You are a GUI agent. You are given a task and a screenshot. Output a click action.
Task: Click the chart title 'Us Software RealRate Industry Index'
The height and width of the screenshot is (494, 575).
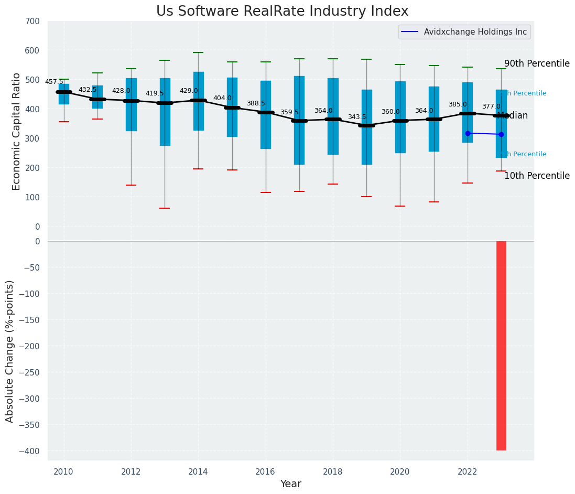[282, 12]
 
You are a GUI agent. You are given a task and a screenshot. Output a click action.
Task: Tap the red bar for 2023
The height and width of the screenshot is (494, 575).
[501, 346]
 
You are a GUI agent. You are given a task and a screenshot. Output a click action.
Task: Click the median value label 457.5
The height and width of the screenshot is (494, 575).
[54, 82]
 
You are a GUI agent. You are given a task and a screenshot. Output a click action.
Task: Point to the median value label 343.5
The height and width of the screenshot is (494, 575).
[357, 117]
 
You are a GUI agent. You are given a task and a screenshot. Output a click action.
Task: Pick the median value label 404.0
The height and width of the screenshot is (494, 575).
[222, 98]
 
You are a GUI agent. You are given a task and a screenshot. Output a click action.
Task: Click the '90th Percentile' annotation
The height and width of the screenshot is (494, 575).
[537, 64]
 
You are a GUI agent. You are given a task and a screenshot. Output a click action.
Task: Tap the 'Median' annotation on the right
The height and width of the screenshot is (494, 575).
[512, 116]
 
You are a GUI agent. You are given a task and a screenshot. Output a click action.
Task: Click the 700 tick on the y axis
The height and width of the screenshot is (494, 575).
[32, 22]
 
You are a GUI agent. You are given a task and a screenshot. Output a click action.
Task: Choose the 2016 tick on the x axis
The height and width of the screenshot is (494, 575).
[265, 471]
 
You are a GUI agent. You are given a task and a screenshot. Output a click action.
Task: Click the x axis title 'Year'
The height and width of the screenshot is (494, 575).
[290, 484]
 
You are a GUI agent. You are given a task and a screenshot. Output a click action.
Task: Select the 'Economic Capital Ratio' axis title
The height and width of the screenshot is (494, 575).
[17, 131]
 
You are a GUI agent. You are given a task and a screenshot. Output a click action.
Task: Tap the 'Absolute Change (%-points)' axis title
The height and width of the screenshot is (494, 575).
[10, 351]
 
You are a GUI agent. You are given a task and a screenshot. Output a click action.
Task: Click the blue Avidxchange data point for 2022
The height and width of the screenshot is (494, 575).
[468, 133]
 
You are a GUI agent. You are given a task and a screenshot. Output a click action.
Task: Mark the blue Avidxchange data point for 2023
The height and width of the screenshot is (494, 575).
[501, 135]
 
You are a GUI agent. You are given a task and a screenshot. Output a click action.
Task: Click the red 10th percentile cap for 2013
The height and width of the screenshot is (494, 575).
[165, 208]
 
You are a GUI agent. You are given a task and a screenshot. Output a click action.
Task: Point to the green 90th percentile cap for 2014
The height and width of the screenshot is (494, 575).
[198, 52]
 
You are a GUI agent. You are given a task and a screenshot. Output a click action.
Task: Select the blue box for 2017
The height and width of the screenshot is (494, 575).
[299, 120]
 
